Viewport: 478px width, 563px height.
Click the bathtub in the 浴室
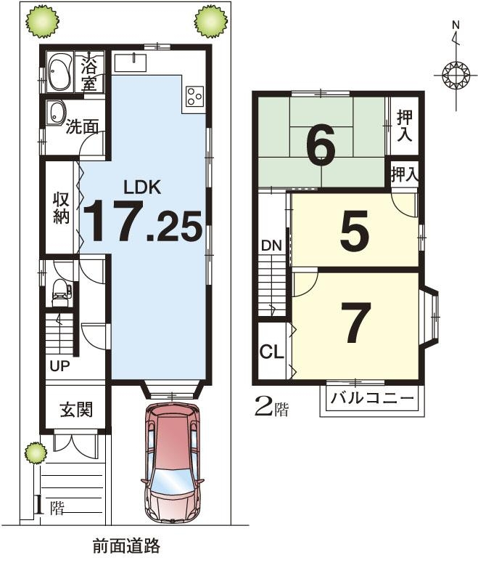point(59,73)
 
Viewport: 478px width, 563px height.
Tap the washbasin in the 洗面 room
point(56,113)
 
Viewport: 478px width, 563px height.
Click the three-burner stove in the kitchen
point(194,96)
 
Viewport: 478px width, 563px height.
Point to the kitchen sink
point(131,62)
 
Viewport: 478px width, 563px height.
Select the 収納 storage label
point(61,208)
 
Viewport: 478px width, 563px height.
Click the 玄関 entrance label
point(76,410)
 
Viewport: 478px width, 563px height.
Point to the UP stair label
point(59,366)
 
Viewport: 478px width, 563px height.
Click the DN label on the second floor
point(271,246)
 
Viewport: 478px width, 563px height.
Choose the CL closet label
point(271,352)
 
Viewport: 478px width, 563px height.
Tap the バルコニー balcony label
point(372,398)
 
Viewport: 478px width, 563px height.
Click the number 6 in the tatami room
point(321,145)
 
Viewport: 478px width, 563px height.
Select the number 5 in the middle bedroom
point(354,231)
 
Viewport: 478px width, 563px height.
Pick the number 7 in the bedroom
point(355,322)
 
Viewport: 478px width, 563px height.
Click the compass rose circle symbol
point(456,76)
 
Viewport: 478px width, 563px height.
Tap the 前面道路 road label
point(126,546)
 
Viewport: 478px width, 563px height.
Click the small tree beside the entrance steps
point(36,453)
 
